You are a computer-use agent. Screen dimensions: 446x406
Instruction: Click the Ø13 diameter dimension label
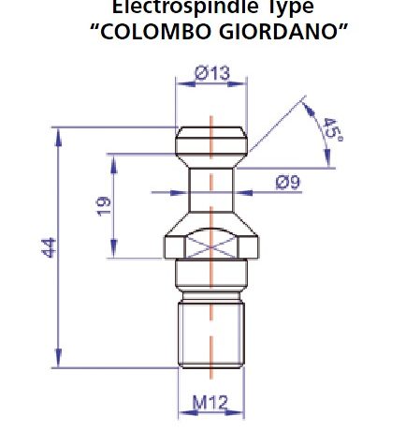(211, 71)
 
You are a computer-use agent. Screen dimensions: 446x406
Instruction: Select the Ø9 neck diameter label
(287, 183)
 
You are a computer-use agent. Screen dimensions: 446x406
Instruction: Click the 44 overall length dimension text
(50, 247)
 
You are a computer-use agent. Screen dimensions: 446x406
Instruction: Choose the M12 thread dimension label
(210, 403)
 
